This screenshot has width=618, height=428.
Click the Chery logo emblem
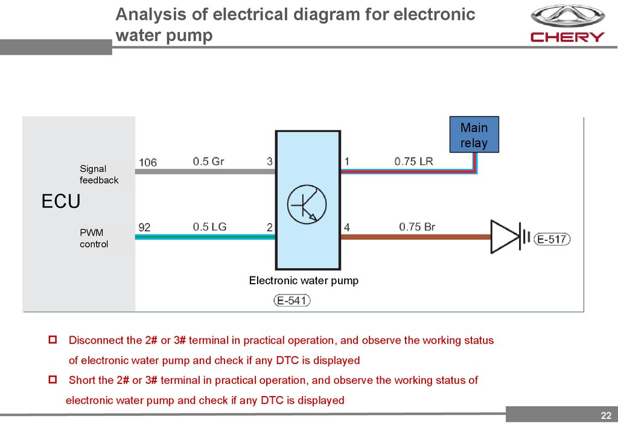coord(567,16)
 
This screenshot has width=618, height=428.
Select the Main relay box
coord(474,135)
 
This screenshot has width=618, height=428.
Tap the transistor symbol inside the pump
coord(307,205)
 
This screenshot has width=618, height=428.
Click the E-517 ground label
coord(552,240)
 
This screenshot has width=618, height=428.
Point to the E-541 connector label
coord(292,300)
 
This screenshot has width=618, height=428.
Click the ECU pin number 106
coord(148,162)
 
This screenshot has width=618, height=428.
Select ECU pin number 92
coord(145,228)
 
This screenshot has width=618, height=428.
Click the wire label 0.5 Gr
coord(209,162)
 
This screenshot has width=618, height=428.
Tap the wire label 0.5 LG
coord(209,227)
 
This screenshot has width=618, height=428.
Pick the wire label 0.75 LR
coord(413,162)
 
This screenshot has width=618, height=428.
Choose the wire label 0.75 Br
coord(416,227)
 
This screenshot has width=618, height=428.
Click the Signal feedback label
coord(99,174)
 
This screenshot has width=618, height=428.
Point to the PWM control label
coord(94,238)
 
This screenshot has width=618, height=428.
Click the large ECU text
coord(60,202)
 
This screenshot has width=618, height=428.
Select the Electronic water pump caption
coord(304,280)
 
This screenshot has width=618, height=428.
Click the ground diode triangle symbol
coord(505,237)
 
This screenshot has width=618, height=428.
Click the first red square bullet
coord(53,340)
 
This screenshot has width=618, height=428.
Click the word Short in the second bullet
coord(81,380)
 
